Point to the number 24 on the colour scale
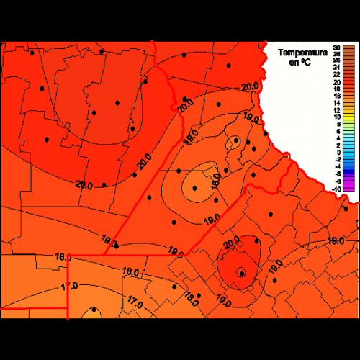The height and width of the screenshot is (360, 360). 336,67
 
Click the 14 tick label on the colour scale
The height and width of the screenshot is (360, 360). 336,103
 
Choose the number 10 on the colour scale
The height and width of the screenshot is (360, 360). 336,117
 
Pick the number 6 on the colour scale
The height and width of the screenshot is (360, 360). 336,131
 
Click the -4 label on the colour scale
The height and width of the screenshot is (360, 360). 336,167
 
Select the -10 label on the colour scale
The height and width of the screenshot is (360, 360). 336,188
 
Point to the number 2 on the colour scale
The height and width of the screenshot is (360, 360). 336,145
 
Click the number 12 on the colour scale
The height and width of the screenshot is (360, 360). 336,110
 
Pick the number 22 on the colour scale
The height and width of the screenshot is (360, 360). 336,74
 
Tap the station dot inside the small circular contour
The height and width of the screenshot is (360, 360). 235,140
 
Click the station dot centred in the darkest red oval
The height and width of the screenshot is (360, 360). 242,273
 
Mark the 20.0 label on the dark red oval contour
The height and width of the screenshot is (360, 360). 233,243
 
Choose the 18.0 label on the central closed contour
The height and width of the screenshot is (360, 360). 215,180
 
